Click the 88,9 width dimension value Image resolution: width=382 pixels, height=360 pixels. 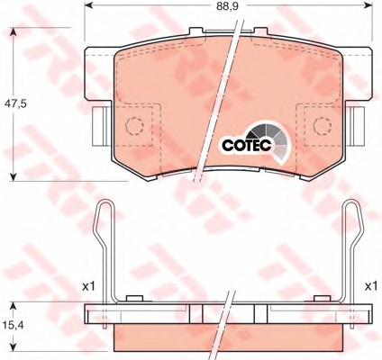click(x=227, y=6)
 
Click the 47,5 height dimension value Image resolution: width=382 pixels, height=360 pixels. click(x=16, y=103)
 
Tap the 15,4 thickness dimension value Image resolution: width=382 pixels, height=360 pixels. click(x=14, y=324)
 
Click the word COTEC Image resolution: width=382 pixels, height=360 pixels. click(x=247, y=145)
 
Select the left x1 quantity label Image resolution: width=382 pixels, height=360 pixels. click(x=89, y=287)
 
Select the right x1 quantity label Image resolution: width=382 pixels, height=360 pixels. click(x=371, y=287)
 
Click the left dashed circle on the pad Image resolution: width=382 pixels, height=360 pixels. click(x=134, y=126)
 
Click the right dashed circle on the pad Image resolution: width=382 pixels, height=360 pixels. click(x=323, y=126)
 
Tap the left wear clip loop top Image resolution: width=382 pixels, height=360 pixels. click(x=105, y=202)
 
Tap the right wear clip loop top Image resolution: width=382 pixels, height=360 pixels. click(x=351, y=202)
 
